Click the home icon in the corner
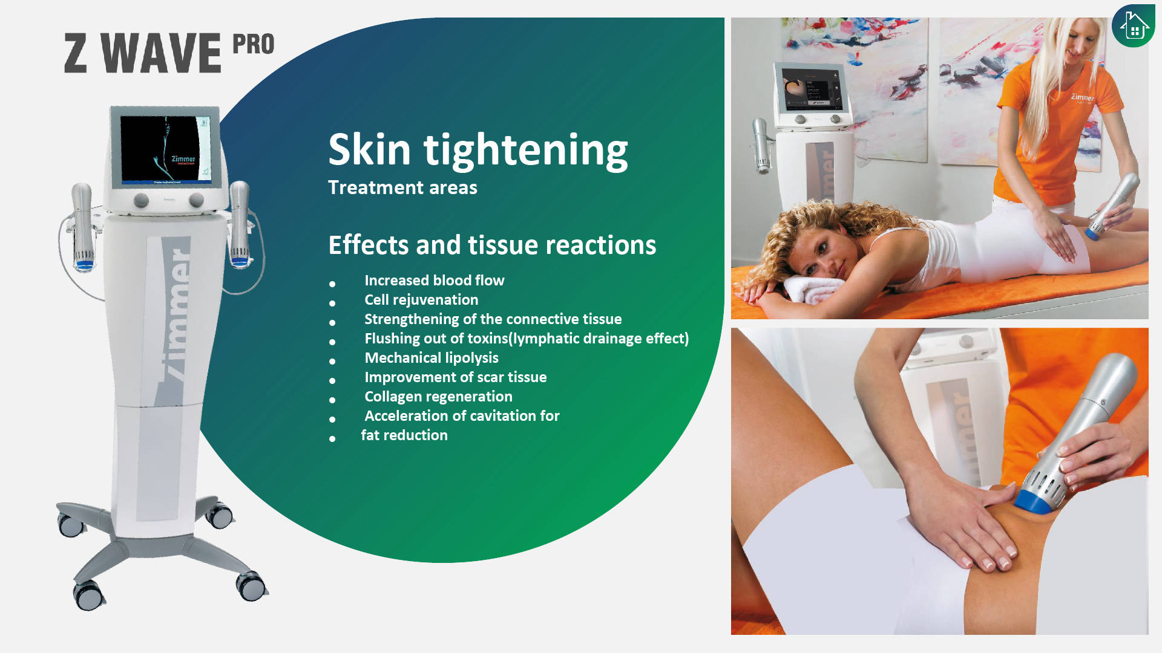1134,26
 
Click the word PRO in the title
254,44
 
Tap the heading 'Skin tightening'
478,149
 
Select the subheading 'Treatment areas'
402,187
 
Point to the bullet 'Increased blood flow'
434,281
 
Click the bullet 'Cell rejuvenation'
421,300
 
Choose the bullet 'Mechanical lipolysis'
432,358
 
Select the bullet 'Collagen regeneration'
438,397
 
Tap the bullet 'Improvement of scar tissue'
455,377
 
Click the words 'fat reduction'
404,435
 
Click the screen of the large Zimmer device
165,149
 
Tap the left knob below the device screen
141,200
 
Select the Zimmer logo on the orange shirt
1082,97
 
